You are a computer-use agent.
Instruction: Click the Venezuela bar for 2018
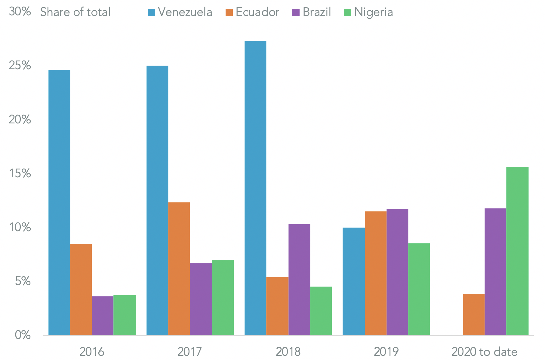click(255, 188)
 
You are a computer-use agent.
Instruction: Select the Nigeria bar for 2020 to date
click(517, 251)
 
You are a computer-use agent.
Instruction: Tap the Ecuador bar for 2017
click(179, 269)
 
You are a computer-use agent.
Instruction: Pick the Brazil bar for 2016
click(103, 316)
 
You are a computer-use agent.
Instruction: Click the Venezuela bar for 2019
click(354, 281)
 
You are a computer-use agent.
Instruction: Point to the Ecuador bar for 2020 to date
click(474, 315)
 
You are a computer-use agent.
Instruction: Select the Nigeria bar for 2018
click(321, 311)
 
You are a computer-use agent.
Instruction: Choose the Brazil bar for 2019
click(397, 272)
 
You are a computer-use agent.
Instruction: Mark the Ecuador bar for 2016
click(81, 290)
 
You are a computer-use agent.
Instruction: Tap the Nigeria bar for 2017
click(223, 298)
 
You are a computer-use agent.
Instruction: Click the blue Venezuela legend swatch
click(152, 13)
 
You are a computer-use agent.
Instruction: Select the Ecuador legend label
click(257, 12)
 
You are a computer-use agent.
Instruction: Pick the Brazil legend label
click(317, 12)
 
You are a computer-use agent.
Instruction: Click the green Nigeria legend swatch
click(348, 13)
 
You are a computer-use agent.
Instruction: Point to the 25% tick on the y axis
click(20, 66)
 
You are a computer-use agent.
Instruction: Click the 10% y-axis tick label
click(20, 227)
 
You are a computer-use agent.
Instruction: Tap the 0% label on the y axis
click(23, 335)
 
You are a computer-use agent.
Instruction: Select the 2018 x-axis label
click(288, 352)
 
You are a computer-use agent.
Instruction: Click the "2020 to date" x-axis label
click(484, 352)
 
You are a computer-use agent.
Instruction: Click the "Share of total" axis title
click(75, 12)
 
